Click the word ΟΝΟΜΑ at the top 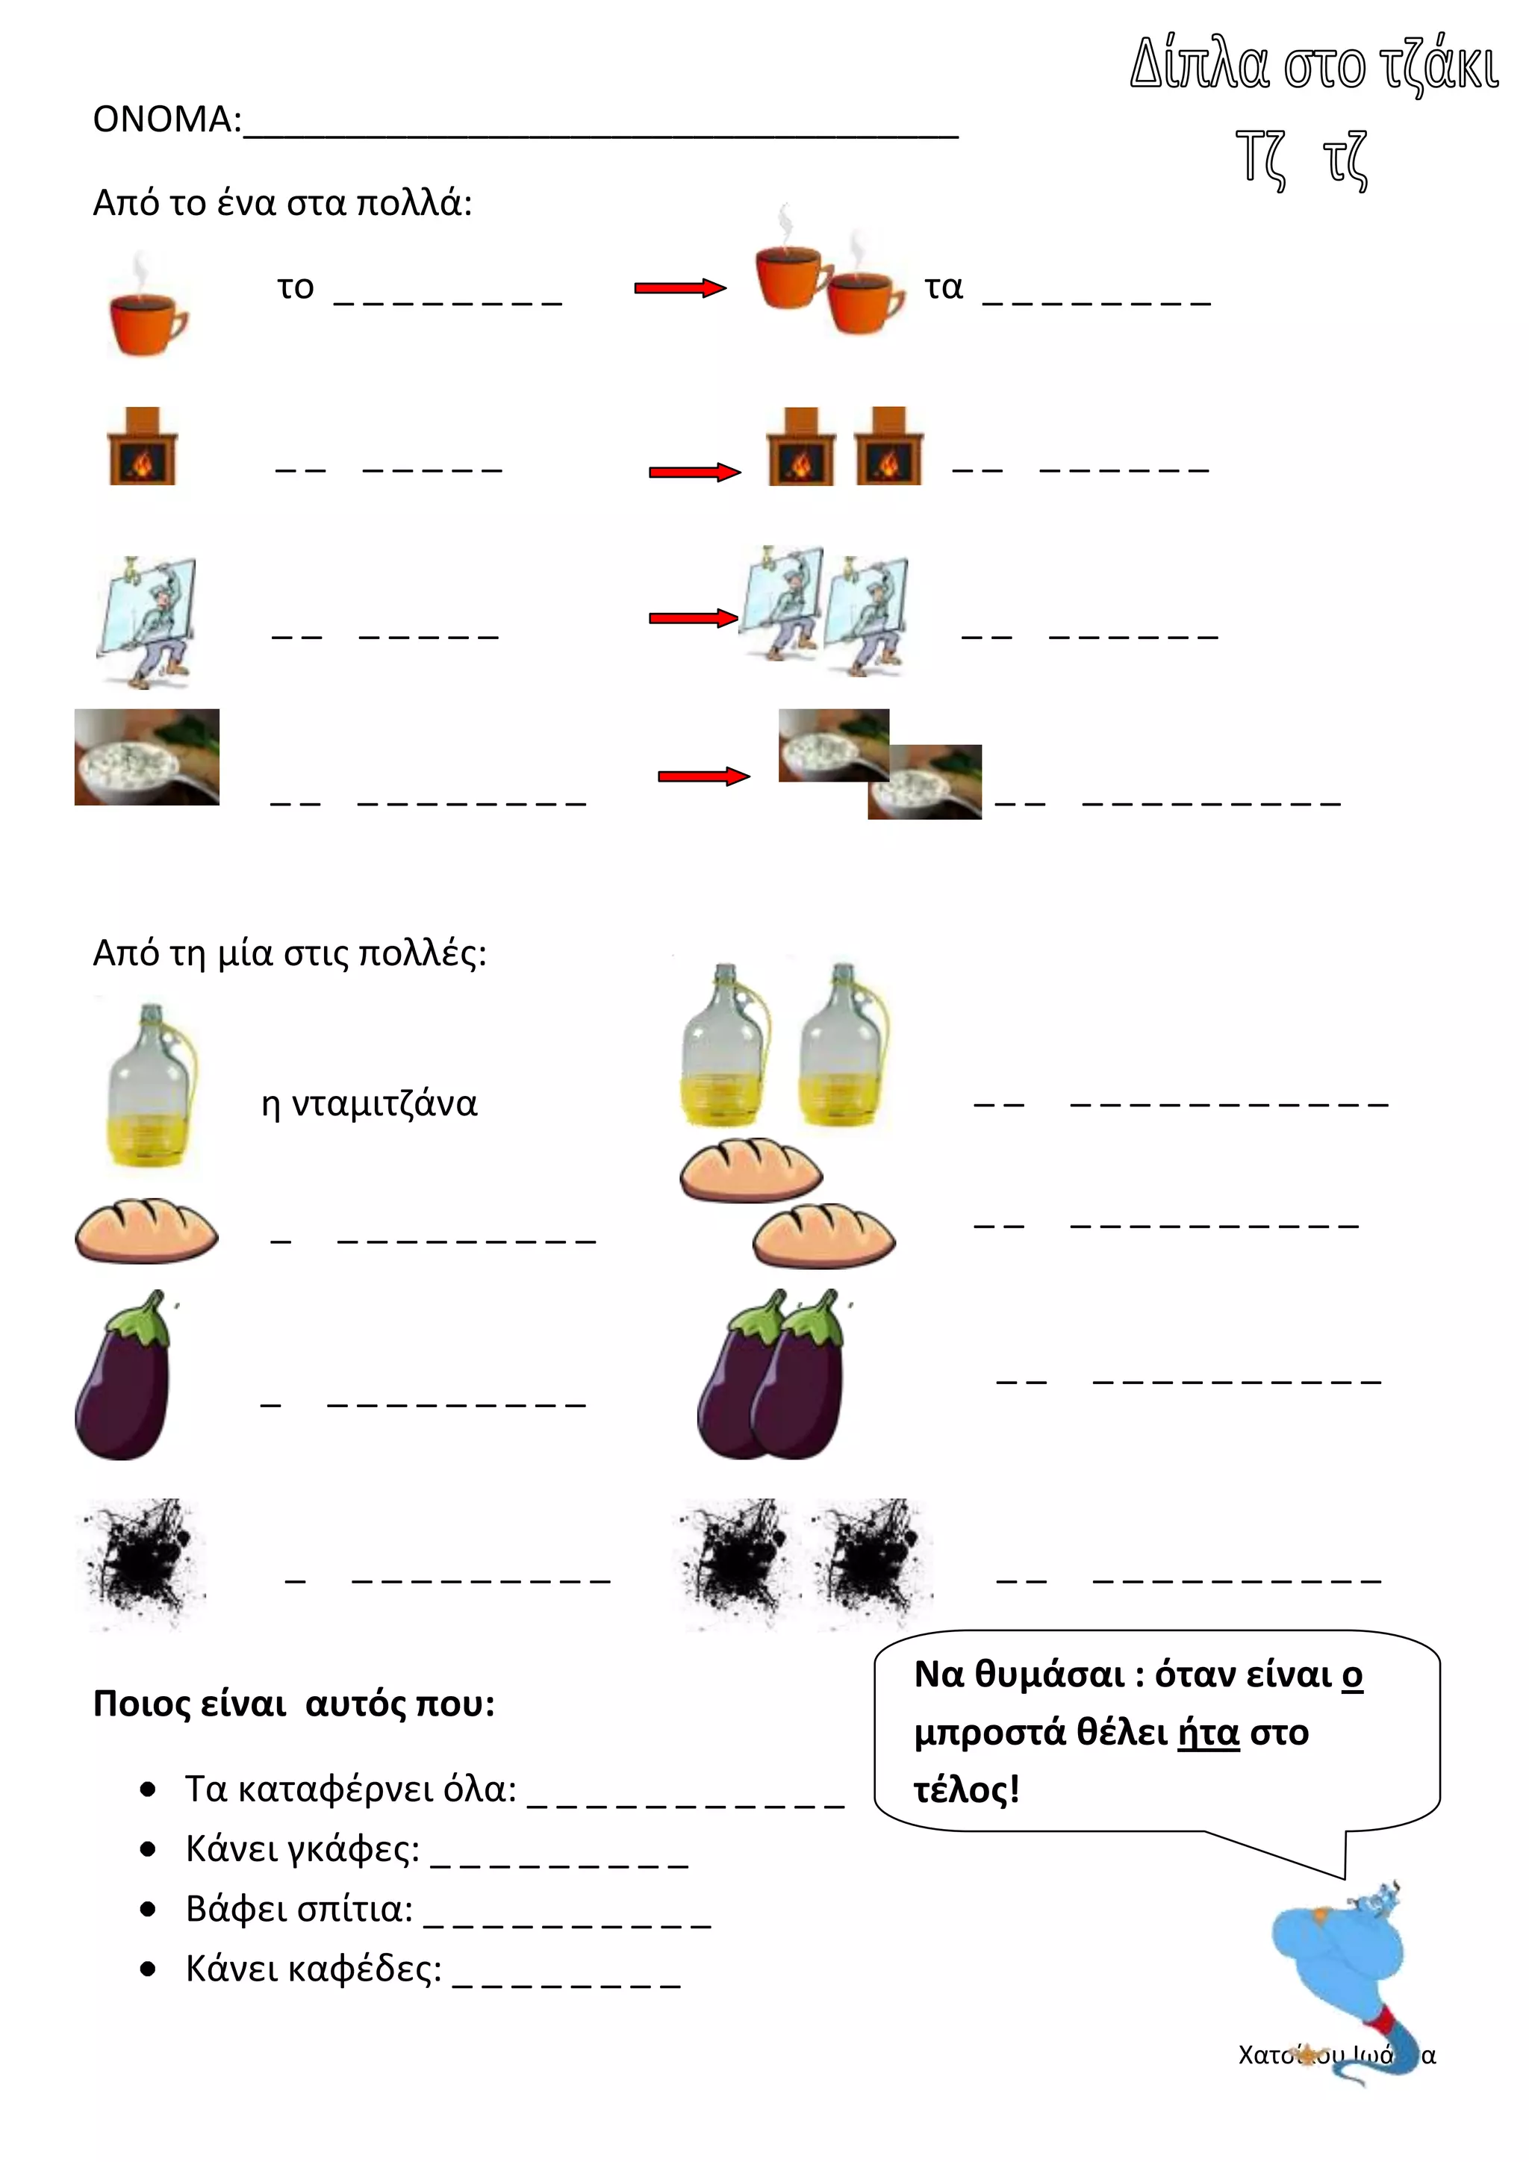pos(165,119)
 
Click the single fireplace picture pos(142,447)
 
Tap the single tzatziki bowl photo pos(147,757)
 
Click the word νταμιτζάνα pos(384,1103)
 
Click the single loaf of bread pos(146,1229)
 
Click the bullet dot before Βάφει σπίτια pos(148,1910)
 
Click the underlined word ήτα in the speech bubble pos(1208,1733)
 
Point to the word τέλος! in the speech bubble pos(966,1789)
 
